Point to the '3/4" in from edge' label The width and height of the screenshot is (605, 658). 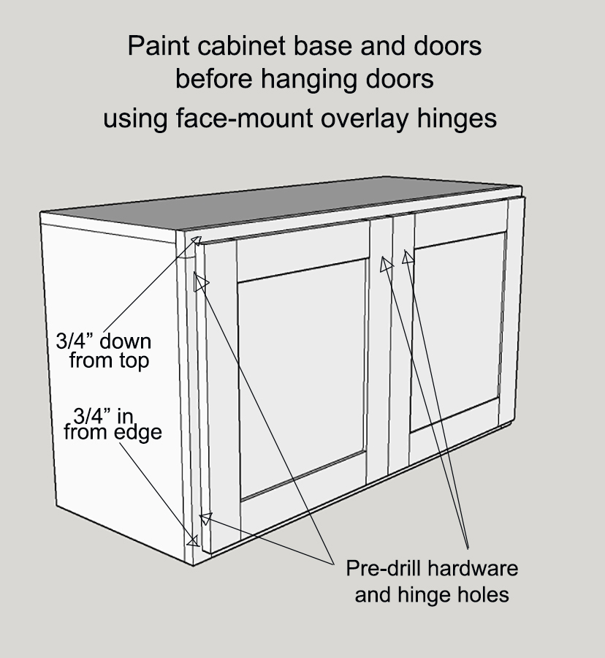pos(113,424)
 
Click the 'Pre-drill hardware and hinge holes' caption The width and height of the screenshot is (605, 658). pos(432,581)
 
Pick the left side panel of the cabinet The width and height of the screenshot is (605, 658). pos(110,380)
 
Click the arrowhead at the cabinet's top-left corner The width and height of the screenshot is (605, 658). pos(194,240)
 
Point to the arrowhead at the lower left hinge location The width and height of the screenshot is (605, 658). pos(206,518)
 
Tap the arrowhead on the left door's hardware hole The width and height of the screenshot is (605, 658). pos(386,265)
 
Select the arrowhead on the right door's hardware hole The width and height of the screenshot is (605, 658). pos(407,257)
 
